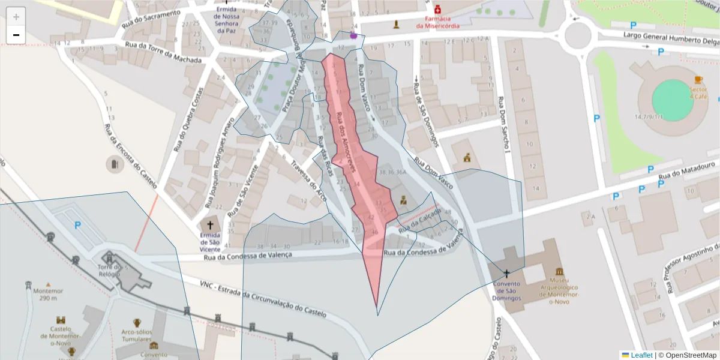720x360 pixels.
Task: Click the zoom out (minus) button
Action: (16, 35)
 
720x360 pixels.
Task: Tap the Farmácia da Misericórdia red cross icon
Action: (438, 10)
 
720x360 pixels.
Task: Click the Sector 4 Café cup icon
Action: (698, 80)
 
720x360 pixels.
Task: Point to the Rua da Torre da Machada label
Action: (163, 49)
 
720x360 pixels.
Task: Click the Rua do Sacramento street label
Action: (151, 19)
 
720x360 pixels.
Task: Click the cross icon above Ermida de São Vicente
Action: (210, 224)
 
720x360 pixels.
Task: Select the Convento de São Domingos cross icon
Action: (506, 273)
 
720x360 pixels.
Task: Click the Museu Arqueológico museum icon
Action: (560, 272)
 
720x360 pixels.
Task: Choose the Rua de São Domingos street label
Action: (425, 115)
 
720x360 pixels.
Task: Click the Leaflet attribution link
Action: (641, 355)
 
